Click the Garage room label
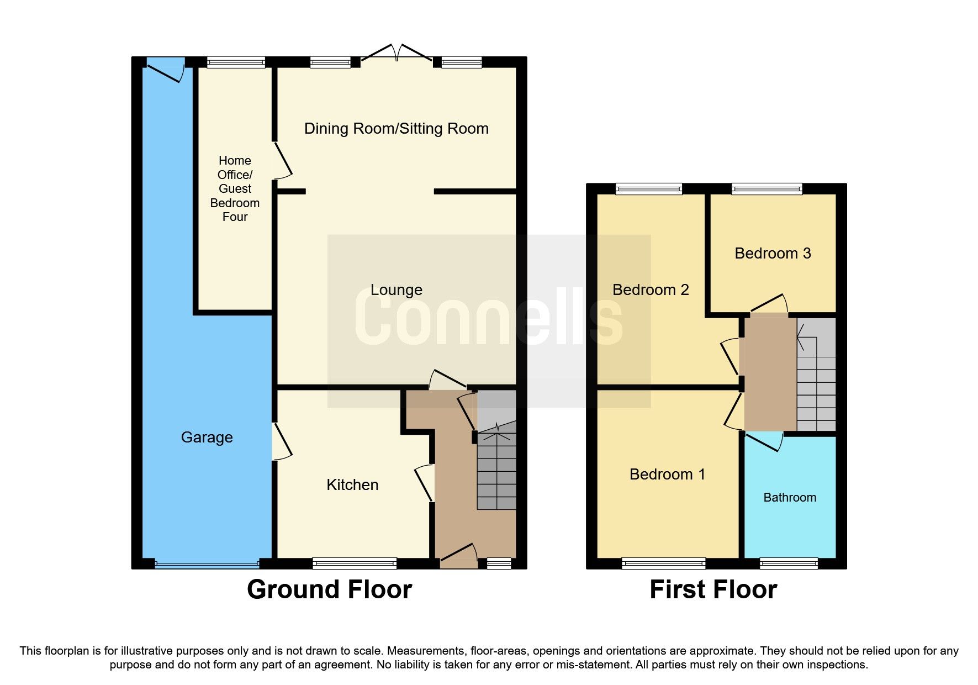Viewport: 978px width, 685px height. coord(207,437)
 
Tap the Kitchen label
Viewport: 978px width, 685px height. coord(352,484)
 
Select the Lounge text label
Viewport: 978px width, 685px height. coord(396,289)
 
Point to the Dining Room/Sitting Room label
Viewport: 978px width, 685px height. coord(396,129)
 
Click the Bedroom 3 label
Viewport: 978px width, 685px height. coord(772,253)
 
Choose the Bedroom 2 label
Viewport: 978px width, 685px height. coord(650,289)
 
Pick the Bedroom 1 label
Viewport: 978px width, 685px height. coord(667,474)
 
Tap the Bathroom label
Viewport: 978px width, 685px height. coord(789,497)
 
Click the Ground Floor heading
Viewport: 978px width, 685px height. coord(329,589)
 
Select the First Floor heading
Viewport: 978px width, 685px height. coord(713,589)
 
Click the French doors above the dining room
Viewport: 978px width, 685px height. coord(396,52)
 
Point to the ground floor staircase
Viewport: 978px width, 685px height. coord(496,470)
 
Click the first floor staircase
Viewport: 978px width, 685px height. coord(816,381)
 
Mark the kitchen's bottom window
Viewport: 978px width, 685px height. coord(354,563)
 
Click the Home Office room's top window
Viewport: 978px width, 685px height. coord(236,62)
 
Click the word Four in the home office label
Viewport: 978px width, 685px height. coord(235,217)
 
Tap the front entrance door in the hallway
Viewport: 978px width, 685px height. coord(458,556)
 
